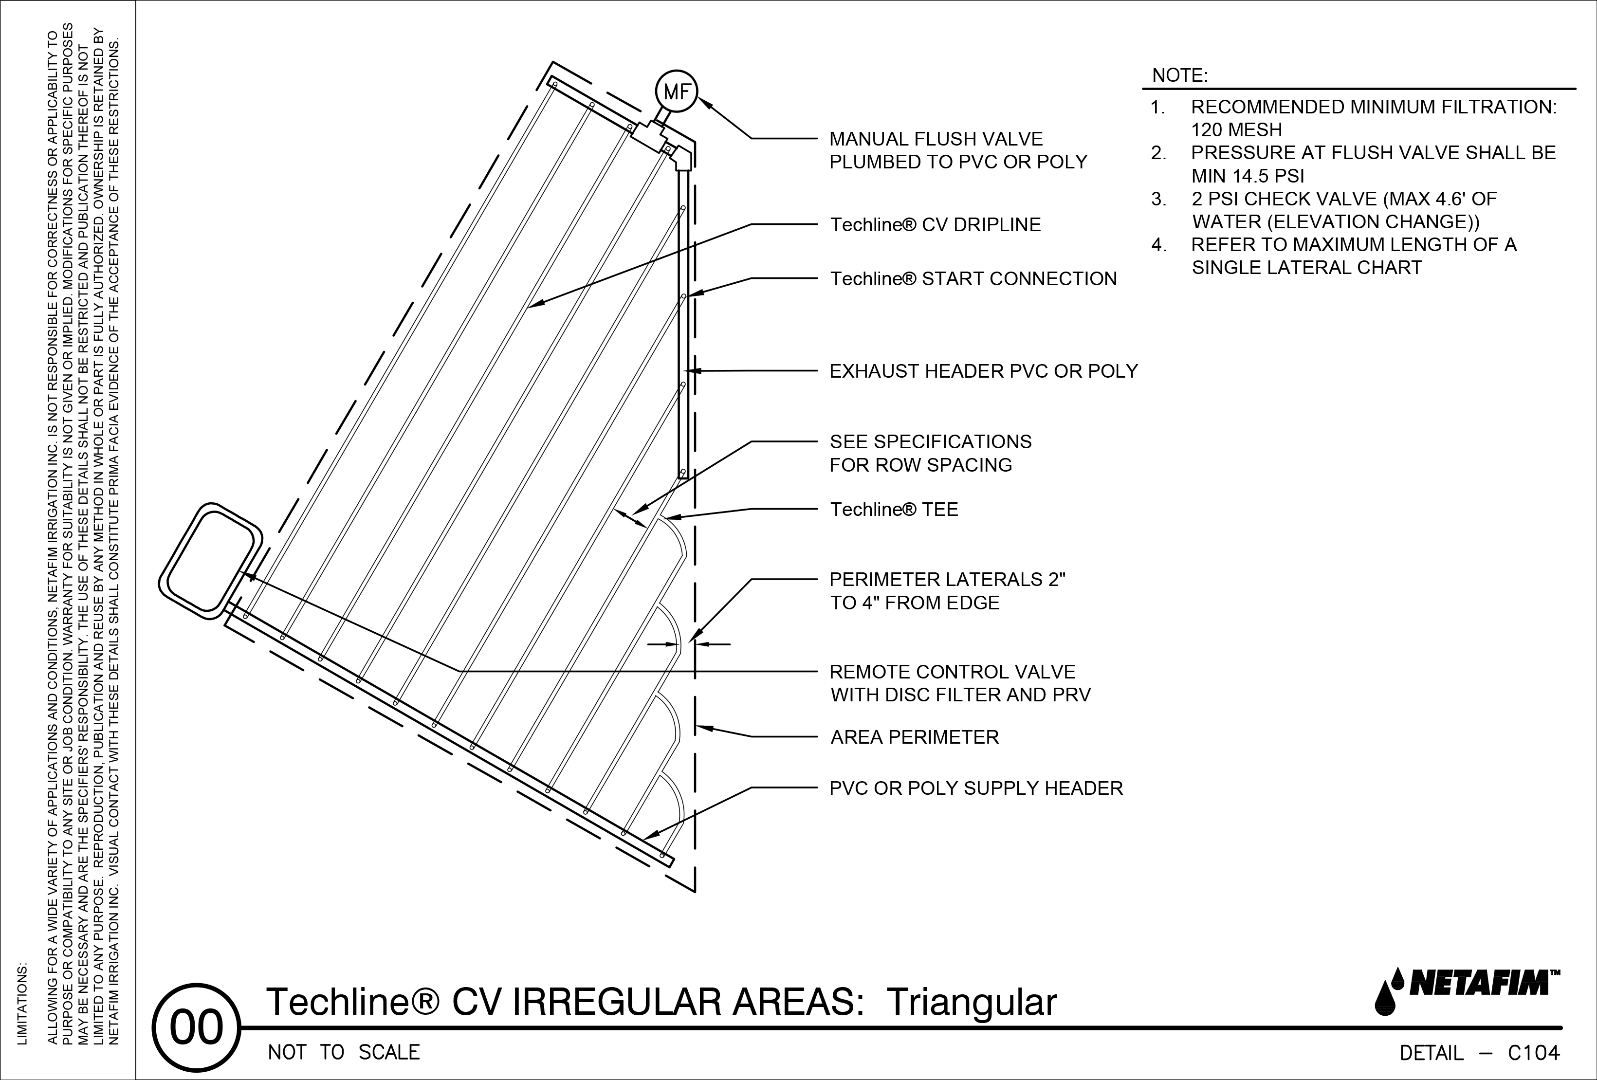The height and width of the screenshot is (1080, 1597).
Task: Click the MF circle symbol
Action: [x=676, y=92]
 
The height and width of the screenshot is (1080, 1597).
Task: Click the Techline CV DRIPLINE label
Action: [x=935, y=225]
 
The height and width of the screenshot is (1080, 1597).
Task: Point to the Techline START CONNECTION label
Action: [x=973, y=279]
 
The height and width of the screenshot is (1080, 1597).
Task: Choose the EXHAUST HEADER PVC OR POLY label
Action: [x=983, y=372]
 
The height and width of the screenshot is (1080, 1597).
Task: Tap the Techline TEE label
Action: [x=893, y=510]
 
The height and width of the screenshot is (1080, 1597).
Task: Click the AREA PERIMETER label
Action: [x=914, y=738]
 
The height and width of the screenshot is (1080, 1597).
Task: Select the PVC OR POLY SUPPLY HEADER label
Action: [x=976, y=788]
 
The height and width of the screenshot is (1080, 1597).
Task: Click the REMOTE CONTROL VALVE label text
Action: [x=952, y=672]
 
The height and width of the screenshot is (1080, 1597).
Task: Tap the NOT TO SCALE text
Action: [x=344, y=1053]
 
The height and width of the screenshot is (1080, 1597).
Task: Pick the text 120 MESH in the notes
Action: [x=1236, y=130]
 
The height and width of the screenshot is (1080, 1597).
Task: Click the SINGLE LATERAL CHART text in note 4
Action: [x=1306, y=268]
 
